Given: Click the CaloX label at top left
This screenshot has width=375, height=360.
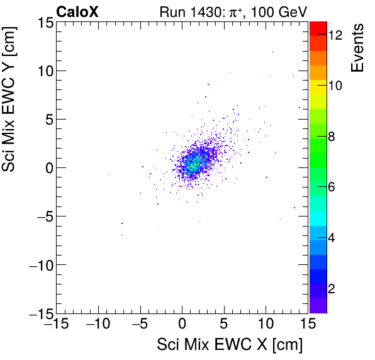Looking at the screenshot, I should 77,11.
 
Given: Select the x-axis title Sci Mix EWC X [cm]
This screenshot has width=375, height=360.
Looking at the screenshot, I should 230,345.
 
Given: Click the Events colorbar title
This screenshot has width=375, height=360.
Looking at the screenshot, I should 358,48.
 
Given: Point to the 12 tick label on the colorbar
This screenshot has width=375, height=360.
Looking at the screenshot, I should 335,36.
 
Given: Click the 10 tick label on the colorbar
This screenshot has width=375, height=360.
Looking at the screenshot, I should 335,86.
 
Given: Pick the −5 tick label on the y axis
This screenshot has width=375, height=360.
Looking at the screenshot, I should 40,216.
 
